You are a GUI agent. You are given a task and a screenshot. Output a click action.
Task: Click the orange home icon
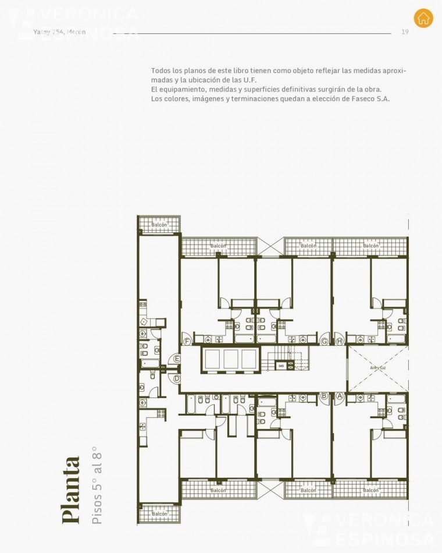click(423, 17)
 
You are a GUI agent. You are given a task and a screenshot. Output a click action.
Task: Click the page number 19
click(405, 32)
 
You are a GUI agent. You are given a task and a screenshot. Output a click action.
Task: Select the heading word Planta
click(71, 490)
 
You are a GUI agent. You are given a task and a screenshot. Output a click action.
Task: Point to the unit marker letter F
click(187, 341)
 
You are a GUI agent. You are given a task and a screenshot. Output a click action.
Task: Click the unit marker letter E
click(177, 359)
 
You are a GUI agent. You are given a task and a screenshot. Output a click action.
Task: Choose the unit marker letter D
click(177, 378)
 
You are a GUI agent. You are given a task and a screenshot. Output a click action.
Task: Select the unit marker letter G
click(325, 341)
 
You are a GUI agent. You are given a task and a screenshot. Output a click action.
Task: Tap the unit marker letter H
click(340, 341)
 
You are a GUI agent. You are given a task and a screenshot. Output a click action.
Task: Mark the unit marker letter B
click(325, 396)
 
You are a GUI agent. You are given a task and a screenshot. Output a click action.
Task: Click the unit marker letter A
click(340, 396)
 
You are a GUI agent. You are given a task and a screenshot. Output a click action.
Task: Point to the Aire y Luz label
click(377, 368)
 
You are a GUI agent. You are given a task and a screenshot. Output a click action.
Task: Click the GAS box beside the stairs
click(281, 366)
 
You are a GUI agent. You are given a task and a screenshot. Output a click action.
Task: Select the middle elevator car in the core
click(231, 359)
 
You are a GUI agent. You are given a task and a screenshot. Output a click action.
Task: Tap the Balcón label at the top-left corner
click(159, 225)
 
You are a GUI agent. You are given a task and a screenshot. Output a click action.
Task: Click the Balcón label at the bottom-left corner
click(159, 514)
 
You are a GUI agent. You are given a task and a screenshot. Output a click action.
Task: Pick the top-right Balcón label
click(370, 246)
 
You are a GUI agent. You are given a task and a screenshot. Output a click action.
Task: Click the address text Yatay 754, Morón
click(59, 32)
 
